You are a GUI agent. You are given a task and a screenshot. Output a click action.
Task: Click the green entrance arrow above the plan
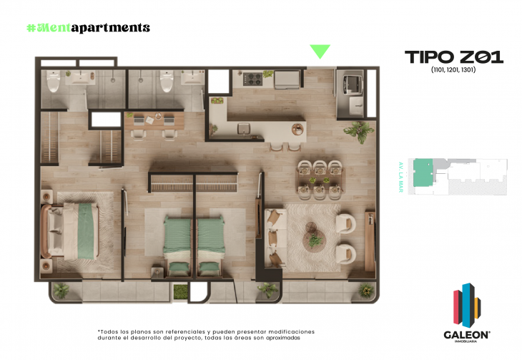pos(320,51)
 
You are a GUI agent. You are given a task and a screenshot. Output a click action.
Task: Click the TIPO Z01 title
pos(453,57)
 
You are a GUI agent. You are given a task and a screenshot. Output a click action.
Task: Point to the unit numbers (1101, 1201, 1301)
pos(453,70)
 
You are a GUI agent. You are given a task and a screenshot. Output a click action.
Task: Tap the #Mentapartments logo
pos(88,28)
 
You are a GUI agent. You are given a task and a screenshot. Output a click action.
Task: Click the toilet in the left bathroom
pos(54,84)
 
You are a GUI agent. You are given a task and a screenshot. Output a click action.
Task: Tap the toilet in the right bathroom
pos(167,84)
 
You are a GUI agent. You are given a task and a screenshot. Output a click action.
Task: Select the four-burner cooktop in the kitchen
pos(254,77)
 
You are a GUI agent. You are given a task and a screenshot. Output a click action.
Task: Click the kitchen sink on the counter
pos(245,128)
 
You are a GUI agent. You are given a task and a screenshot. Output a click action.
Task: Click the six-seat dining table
pos(321,179)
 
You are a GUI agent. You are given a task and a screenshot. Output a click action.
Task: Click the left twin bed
pos(177,242)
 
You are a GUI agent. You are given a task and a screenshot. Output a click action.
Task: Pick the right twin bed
pos(211,242)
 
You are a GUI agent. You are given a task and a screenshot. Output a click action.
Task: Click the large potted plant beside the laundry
pos(358,130)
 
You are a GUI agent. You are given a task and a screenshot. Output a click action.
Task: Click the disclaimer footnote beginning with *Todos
pos(205,335)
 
